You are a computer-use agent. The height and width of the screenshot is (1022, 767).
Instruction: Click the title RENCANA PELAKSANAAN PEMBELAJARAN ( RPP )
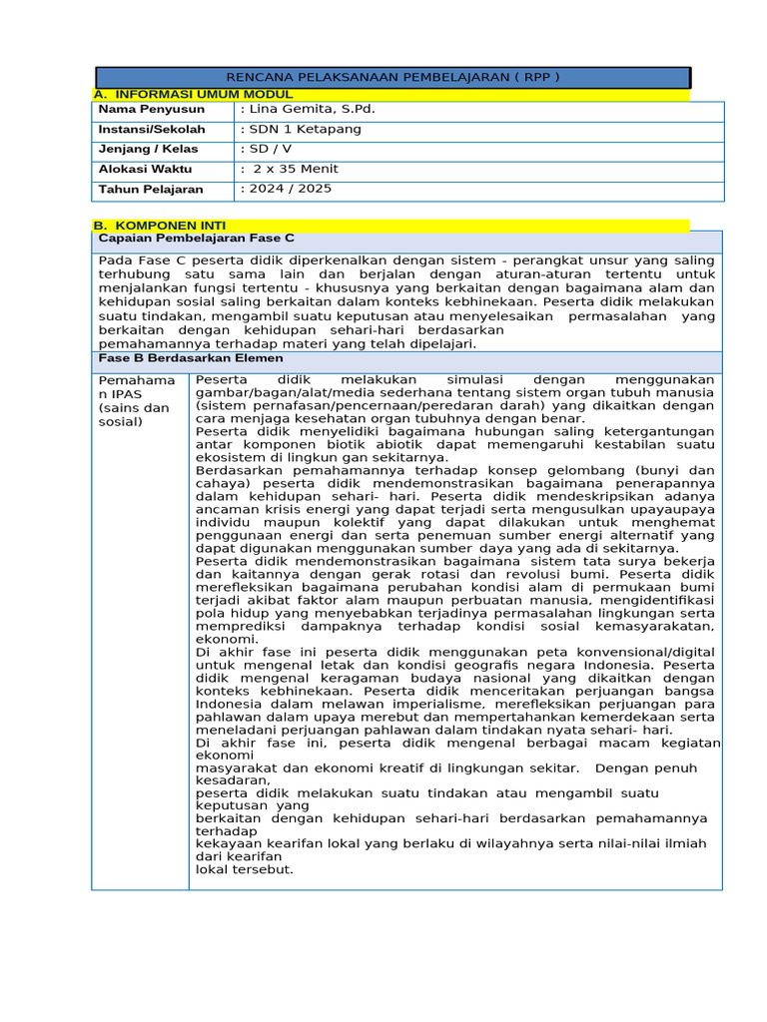(392, 77)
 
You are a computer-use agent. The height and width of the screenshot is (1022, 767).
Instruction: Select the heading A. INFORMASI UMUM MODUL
(193, 94)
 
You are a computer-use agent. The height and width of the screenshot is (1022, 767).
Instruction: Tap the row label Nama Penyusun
(151, 109)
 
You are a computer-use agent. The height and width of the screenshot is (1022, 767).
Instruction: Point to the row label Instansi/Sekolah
(152, 129)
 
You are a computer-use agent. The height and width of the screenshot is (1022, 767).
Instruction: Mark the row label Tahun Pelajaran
(150, 189)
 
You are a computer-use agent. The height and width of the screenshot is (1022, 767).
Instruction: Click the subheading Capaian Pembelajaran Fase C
(196, 240)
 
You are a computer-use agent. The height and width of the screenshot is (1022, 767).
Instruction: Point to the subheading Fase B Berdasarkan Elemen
(190, 357)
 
